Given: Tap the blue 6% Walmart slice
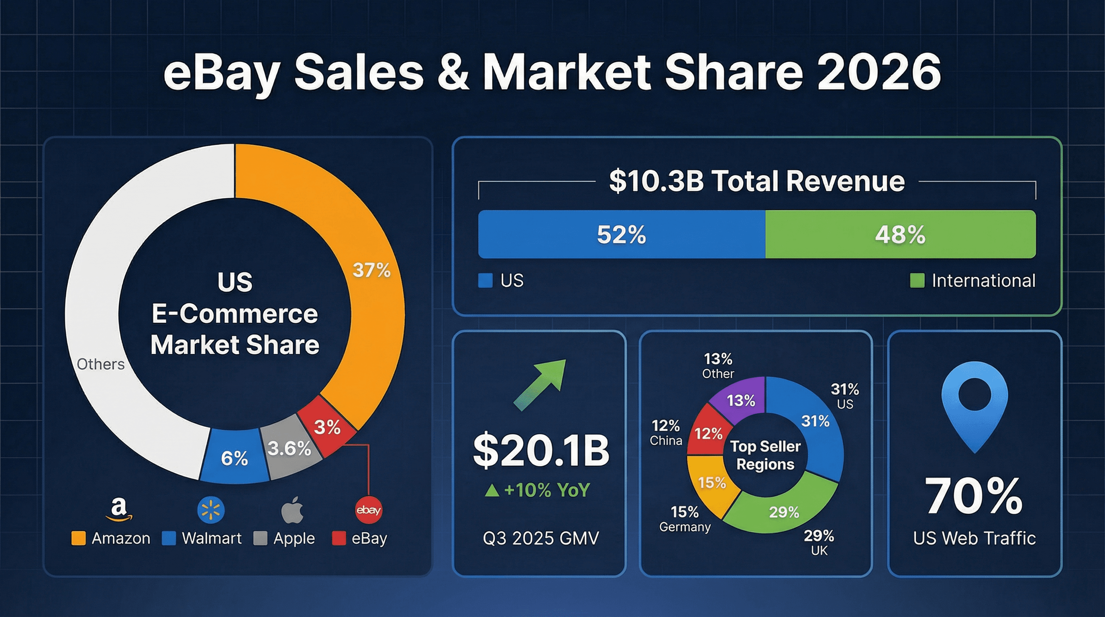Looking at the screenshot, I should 234,458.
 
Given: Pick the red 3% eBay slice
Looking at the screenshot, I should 327,427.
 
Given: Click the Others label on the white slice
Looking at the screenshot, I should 100,364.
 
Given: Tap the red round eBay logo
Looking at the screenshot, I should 369,510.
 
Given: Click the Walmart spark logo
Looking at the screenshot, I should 211,510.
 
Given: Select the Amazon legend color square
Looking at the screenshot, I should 79,538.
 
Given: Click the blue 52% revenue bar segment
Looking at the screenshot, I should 621,234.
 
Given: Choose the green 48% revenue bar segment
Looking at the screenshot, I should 900,234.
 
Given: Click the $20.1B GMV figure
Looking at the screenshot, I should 541,451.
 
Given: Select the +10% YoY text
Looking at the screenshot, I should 538,490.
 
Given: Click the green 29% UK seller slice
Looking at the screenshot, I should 784,511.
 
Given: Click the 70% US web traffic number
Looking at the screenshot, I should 974,496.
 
